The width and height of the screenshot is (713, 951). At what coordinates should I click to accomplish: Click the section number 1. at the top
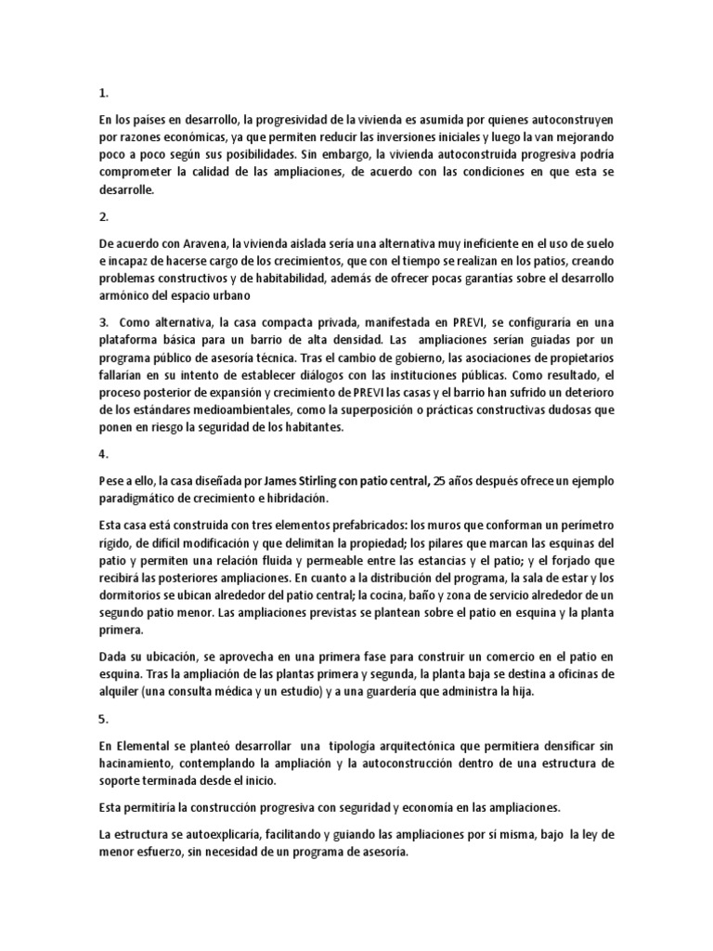pos(102,93)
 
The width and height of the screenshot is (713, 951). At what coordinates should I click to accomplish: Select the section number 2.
pos(102,217)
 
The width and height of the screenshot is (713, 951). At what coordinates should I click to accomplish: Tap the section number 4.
pos(102,454)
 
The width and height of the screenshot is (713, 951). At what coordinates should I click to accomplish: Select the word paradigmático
pos(139,499)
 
